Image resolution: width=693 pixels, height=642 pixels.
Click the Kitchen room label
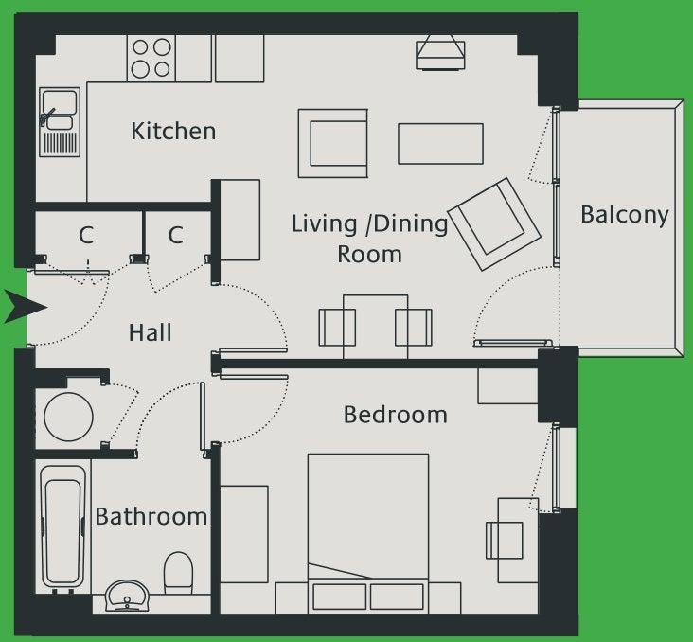point(173,131)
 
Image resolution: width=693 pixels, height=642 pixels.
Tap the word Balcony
point(624,215)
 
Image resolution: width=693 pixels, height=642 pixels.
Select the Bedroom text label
point(395,415)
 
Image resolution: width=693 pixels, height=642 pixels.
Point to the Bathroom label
point(151,516)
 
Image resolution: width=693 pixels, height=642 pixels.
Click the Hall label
point(151,332)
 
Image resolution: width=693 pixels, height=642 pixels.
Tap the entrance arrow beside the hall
point(26,307)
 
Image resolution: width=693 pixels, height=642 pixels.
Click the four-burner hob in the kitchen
point(151,59)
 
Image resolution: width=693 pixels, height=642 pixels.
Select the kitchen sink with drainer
point(60,122)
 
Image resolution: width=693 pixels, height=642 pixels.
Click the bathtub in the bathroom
point(63,526)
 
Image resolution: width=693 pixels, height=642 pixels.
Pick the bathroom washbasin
point(127,596)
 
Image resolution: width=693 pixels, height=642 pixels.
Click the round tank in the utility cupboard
point(68,417)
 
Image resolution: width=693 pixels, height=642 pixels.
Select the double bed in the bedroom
point(368,533)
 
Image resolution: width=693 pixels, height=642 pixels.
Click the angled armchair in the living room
point(494,223)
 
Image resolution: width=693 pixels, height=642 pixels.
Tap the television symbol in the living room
point(440,53)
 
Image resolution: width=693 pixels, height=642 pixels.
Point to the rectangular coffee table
point(440,144)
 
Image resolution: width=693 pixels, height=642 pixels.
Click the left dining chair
point(337,328)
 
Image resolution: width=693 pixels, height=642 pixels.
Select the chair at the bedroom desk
point(505,540)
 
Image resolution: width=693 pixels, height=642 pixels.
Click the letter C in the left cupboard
point(86,235)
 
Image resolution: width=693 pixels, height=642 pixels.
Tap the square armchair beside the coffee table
point(333,144)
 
